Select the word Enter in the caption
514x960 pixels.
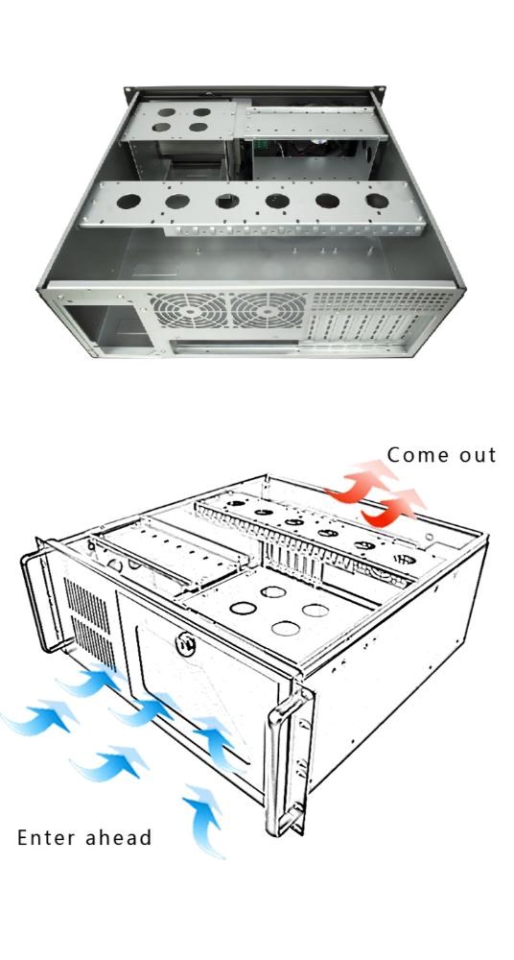point(47,837)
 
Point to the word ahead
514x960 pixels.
point(118,836)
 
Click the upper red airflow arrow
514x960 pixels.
point(361,481)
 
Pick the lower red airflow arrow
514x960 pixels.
point(393,508)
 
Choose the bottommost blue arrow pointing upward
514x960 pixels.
point(205,822)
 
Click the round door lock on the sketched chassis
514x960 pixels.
point(185,645)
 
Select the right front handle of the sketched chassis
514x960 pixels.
point(288,759)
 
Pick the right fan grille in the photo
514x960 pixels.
point(268,310)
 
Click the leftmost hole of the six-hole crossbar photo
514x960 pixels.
point(128,201)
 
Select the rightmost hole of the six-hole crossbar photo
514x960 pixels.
point(377,201)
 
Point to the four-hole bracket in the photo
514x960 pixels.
point(180,120)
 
